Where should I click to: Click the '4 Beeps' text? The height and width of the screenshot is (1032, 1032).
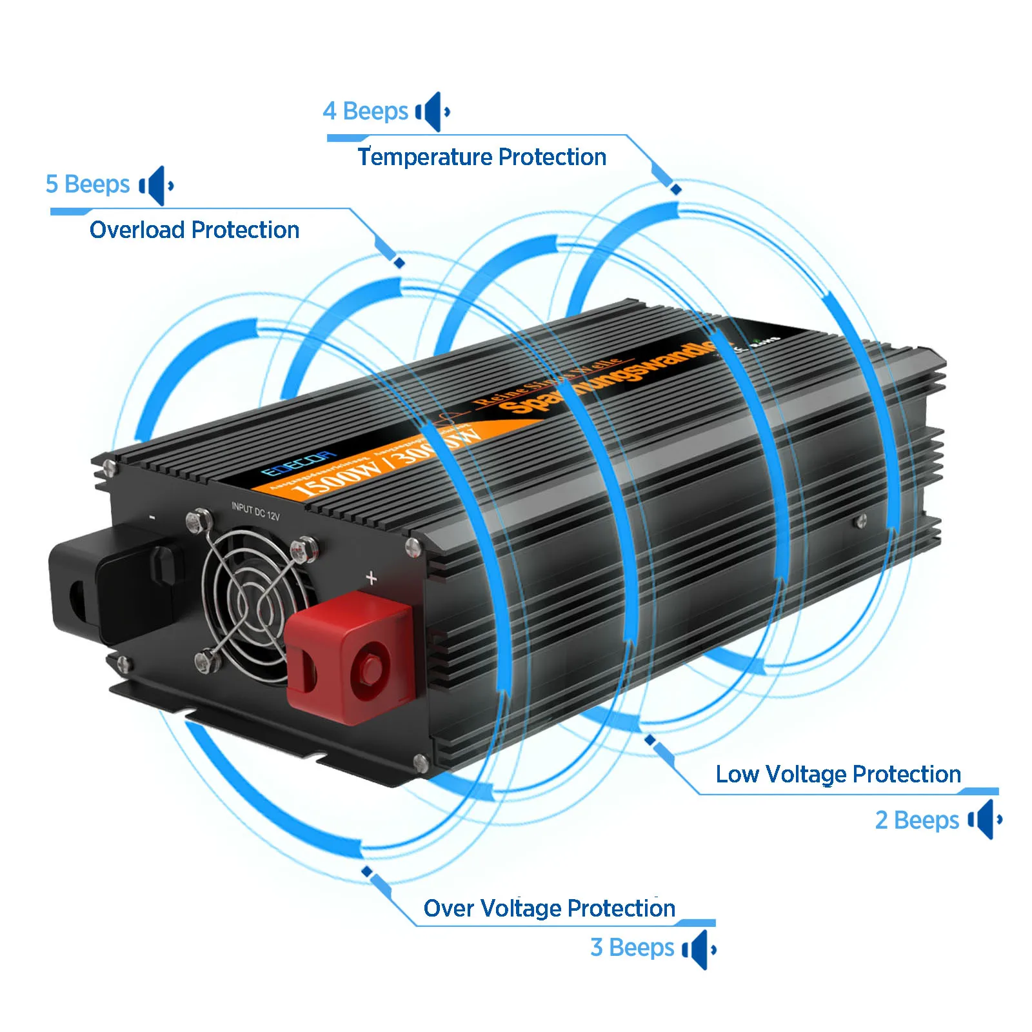pyautogui.click(x=365, y=111)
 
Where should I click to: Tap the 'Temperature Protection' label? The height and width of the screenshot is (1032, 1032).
pyautogui.click(x=482, y=157)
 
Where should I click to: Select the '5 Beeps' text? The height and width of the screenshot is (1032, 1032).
pyautogui.click(x=88, y=184)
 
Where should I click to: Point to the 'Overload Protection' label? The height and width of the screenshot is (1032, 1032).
pyautogui.click(x=194, y=230)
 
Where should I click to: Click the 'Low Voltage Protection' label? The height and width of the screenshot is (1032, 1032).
pyautogui.click(x=838, y=774)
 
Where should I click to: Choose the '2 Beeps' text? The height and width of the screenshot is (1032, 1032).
pyautogui.click(x=917, y=820)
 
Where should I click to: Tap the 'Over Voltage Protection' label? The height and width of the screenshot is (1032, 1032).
pyautogui.click(x=549, y=908)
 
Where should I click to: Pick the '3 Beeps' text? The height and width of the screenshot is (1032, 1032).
pyautogui.click(x=631, y=948)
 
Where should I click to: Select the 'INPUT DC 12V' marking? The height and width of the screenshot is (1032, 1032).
pyautogui.click(x=255, y=511)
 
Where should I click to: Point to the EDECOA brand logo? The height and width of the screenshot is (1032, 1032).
pyautogui.click(x=298, y=462)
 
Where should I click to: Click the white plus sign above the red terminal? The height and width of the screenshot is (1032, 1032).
pyautogui.click(x=371, y=578)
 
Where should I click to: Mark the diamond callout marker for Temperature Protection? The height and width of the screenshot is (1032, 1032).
pyautogui.click(x=675, y=189)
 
